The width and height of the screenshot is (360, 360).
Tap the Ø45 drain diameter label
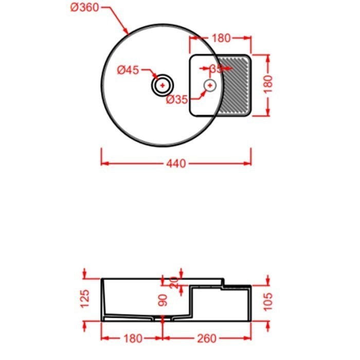click(128, 70)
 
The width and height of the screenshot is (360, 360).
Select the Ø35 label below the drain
click(177, 100)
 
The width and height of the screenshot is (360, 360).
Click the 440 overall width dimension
click(176, 164)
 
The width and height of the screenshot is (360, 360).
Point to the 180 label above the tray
click(221, 38)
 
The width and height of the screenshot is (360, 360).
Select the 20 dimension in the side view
click(173, 282)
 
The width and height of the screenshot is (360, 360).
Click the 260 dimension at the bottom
click(206, 338)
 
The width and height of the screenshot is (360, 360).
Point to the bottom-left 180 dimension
click(132, 338)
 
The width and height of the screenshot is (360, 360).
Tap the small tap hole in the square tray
click(209, 85)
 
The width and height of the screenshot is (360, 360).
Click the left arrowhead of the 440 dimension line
click(103, 164)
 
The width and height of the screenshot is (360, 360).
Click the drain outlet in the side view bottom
click(163, 319)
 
